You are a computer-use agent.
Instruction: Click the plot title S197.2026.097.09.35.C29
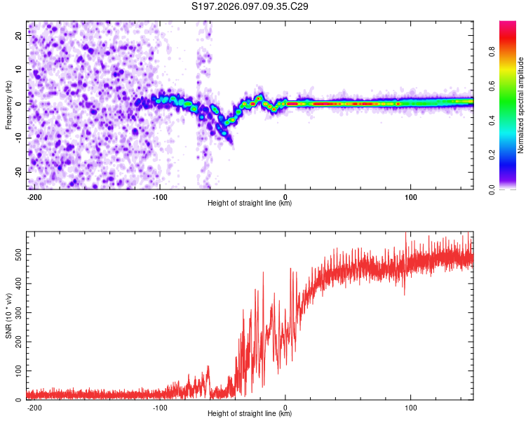(250, 7)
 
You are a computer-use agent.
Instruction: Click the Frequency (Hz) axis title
(8, 105)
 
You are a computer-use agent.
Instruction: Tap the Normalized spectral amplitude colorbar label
(521, 105)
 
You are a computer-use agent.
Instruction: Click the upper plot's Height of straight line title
(250, 203)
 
